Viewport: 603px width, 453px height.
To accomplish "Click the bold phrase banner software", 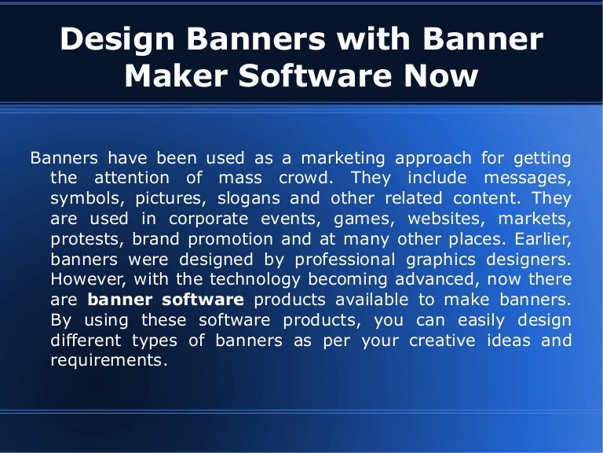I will point(166,300).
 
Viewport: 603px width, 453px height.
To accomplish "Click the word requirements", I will point(109,362).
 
